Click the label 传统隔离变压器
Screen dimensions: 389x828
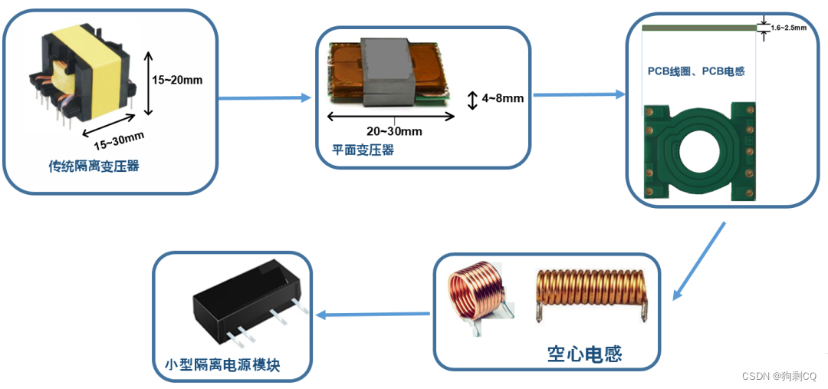94,166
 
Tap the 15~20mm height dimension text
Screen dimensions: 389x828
177,79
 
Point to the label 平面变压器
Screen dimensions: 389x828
363,150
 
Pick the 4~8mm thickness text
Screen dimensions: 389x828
503,98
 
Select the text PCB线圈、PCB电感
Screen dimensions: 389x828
696,71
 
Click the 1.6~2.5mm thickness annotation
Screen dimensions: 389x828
789,28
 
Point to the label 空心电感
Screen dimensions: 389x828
584,354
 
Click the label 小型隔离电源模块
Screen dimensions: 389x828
222,365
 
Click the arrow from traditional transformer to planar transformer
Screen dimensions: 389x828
264,98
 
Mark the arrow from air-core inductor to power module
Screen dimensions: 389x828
373,314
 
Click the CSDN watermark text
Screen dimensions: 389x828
780,376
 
